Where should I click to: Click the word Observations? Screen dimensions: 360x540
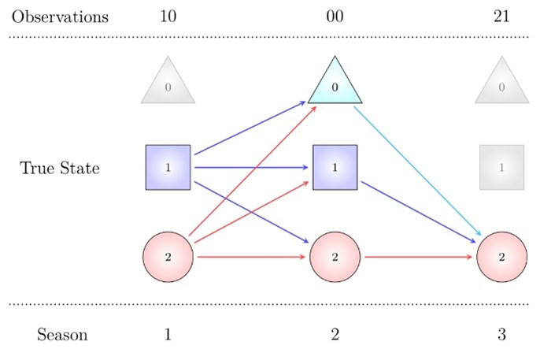point(60,17)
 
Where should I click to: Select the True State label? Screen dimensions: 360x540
point(60,168)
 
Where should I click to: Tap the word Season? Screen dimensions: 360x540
point(62,335)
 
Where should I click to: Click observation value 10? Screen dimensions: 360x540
point(168,17)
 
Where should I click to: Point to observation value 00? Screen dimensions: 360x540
point(335,17)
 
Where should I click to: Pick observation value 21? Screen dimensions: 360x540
point(502,17)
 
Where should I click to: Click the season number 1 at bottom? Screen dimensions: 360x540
point(168,335)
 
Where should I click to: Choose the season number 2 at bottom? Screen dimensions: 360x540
point(335,335)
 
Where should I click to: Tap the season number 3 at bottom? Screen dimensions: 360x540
point(502,335)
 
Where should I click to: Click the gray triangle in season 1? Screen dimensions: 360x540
point(168,86)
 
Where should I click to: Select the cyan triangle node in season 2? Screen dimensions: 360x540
point(335,85)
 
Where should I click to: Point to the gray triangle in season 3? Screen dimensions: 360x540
point(502,86)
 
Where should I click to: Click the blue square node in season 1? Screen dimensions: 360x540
point(168,167)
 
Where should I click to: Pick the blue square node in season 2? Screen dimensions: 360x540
point(335,167)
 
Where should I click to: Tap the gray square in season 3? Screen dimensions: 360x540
point(502,167)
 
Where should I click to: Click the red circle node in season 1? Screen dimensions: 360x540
point(168,257)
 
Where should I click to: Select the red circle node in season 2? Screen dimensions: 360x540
point(335,257)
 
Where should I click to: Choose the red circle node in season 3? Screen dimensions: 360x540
point(502,257)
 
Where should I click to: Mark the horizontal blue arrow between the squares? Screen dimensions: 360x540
point(252,167)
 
